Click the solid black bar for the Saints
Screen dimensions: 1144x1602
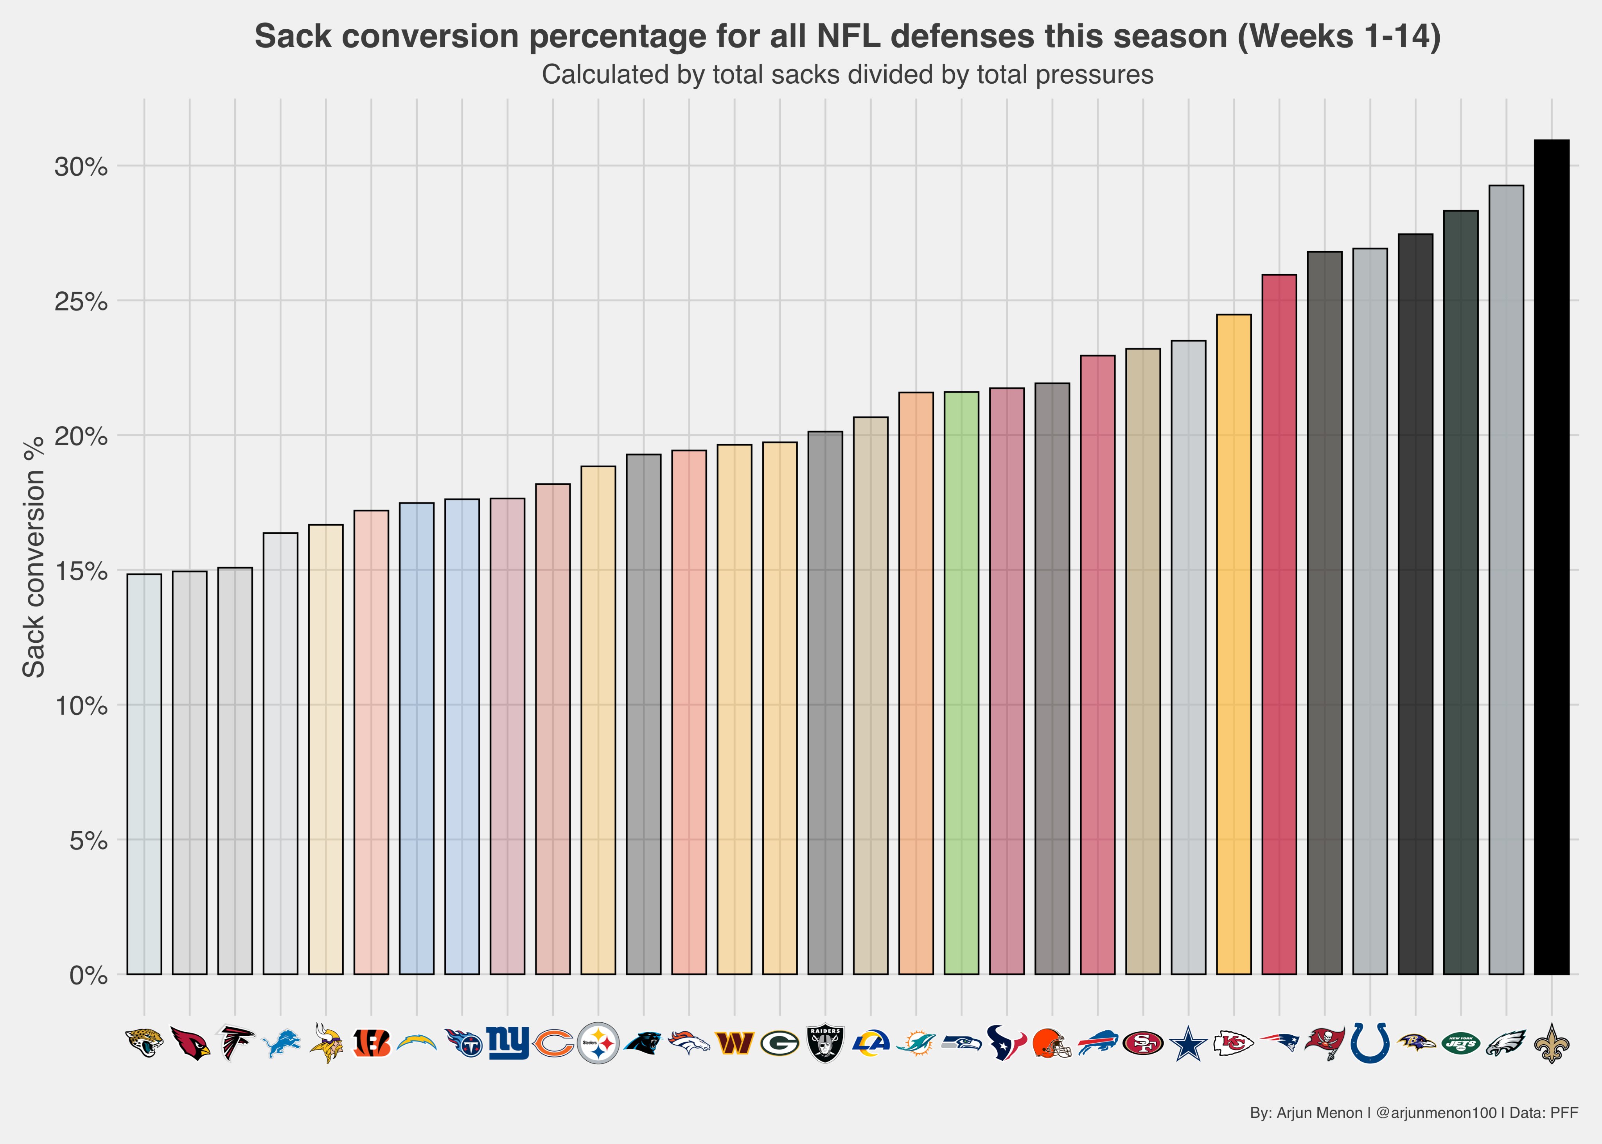1551,556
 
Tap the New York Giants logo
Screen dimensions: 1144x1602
507,1043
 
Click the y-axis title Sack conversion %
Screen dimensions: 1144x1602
34,556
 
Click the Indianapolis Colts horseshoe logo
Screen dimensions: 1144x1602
1370,1043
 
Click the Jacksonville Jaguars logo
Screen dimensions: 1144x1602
144,1043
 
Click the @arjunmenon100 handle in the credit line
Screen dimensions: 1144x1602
1436,1113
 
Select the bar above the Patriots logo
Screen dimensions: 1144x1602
1279,624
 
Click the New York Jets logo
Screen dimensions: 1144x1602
1460,1043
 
